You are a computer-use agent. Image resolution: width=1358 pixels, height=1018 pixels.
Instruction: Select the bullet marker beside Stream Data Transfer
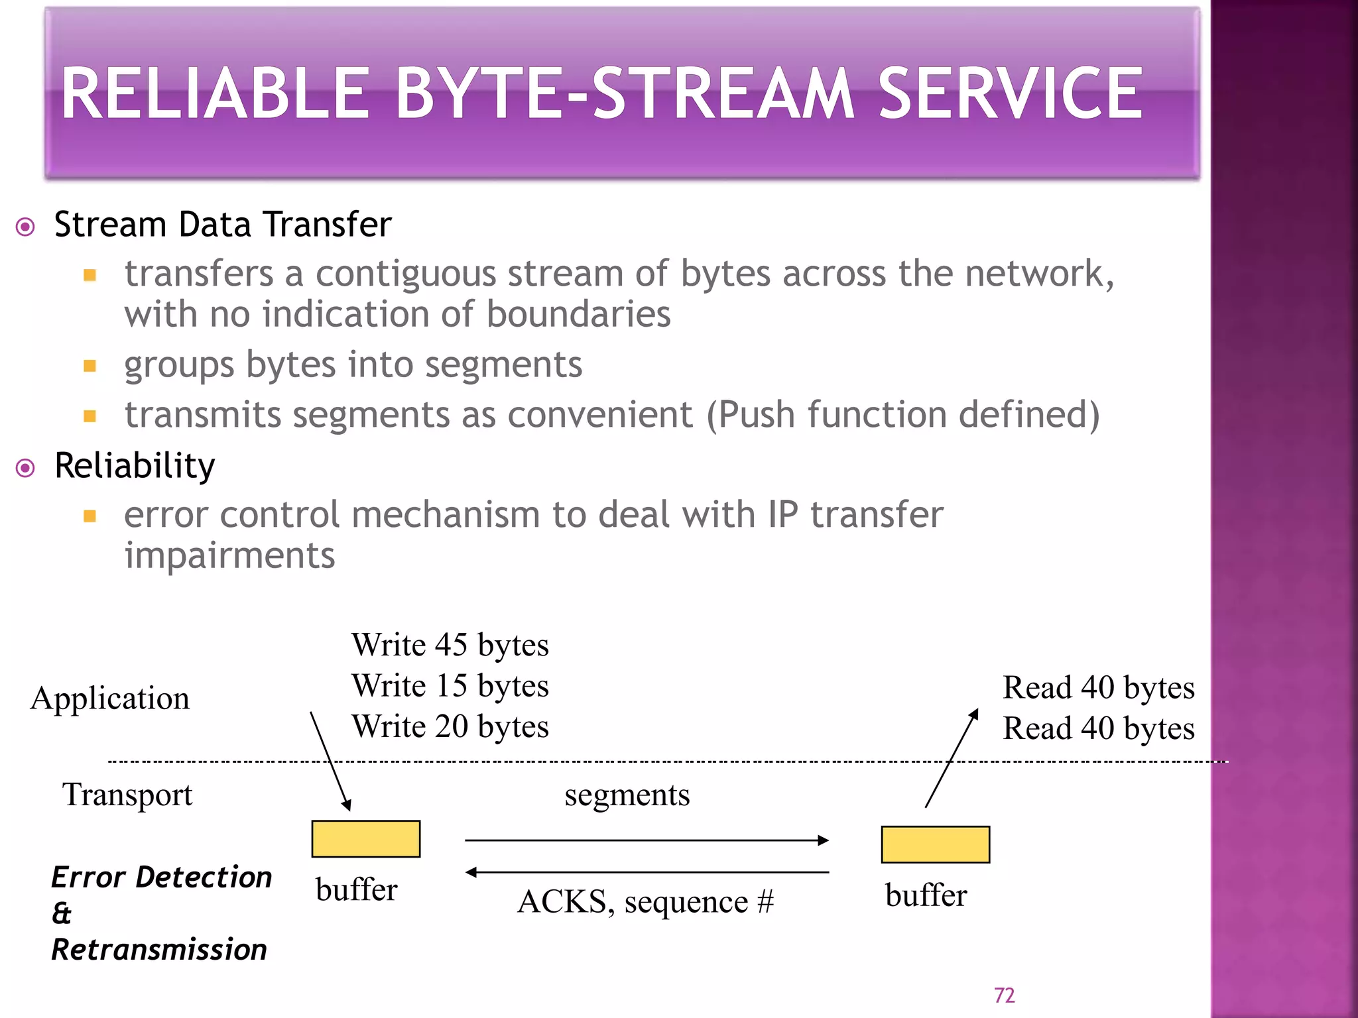[25, 227]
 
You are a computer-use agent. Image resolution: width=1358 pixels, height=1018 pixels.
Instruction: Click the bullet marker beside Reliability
[25, 469]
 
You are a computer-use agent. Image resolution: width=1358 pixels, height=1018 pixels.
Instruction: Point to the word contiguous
[405, 274]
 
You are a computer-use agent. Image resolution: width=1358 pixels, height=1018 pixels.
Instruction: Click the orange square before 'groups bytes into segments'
[90, 366]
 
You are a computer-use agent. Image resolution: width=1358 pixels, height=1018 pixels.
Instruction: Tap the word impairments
[229, 555]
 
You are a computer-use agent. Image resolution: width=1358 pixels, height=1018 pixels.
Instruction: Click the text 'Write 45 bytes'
[450, 645]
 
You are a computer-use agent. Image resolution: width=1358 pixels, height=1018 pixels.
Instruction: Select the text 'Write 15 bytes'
[450, 686]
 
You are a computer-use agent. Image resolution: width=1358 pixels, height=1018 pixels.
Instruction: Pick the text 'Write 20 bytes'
[450, 726]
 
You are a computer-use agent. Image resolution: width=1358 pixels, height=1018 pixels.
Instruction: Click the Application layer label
[110, 699]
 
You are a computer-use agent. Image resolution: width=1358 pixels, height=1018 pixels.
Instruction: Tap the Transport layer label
[127, 795]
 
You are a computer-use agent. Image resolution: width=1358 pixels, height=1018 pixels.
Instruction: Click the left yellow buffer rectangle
[365, 839]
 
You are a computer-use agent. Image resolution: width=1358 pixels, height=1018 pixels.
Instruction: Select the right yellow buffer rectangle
[935, 844]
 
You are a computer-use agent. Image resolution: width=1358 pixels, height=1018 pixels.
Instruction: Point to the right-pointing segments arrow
[647, 840]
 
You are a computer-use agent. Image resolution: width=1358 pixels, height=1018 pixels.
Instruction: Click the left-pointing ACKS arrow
[647, 872]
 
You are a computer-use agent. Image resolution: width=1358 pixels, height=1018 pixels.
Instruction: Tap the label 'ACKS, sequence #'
[645, 902]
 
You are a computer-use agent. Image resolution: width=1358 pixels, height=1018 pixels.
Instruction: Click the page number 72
[1004, 995]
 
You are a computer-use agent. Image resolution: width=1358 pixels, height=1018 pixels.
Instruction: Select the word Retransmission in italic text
[159, 950]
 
